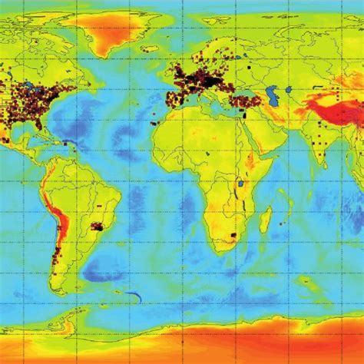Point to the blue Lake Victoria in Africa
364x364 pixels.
click(240, 184)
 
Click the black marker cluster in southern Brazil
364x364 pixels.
click(98, 226)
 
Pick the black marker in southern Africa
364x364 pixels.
click(233, 233)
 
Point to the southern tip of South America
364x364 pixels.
click(60, 290)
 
